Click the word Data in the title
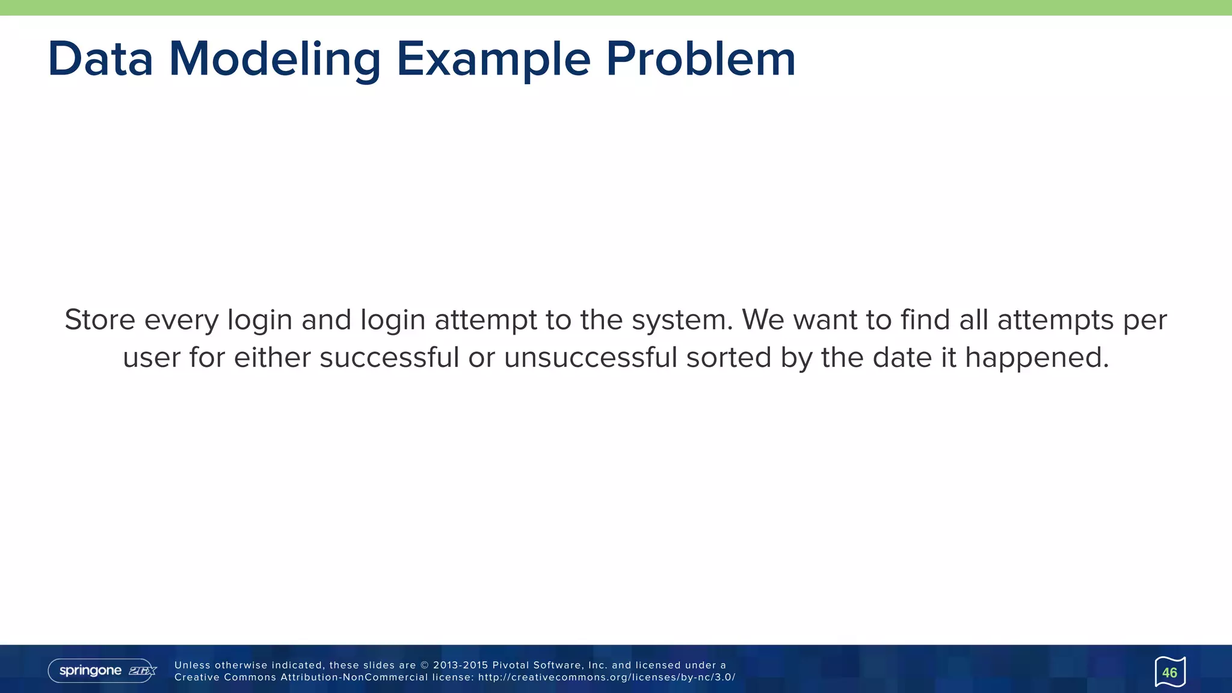pos(100,59)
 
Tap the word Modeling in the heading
pos(274,59)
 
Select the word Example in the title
pos(493,59)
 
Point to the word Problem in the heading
pos(701,59)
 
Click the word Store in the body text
pos(100,320)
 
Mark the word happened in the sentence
pos(1037,358)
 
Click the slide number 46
pos(1169,673)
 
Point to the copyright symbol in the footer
pos(424,665)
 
